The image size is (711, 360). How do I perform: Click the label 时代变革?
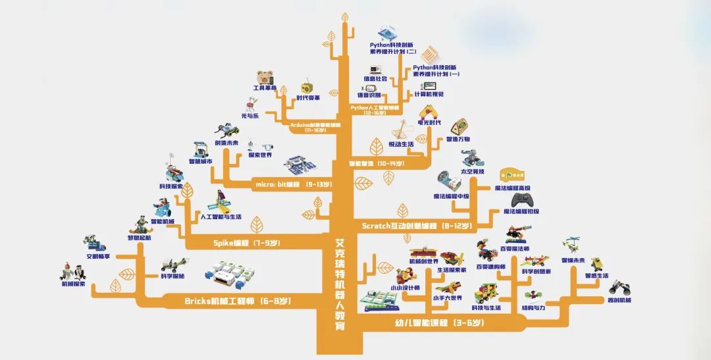pos(308,98)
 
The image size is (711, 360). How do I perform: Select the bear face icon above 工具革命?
pos(265,77)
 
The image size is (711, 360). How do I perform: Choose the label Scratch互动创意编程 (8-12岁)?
pos(417,226)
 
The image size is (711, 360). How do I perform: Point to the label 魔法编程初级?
pos(521,211)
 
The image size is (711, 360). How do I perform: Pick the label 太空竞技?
pos(472,171)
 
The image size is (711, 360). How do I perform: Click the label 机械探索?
pos(73,284)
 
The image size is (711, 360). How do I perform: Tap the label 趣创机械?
pos(618,300)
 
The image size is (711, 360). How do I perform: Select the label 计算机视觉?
pos(429,94)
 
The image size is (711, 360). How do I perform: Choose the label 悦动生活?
pos(401,144)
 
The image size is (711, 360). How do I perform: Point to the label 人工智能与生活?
pos(221,217)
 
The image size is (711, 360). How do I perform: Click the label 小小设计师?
pos(404,288)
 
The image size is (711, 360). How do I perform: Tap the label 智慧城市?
pos(200,161)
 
